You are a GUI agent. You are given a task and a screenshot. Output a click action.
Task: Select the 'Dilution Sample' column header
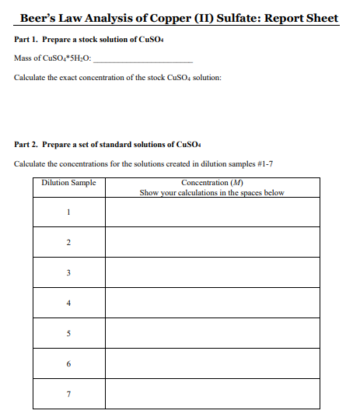tap(68, 183)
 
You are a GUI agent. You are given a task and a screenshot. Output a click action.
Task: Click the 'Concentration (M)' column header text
tap(211, 183)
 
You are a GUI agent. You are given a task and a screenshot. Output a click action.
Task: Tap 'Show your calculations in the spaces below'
tap(211, 192)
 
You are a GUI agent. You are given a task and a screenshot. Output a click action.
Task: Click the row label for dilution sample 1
tap(68, 212)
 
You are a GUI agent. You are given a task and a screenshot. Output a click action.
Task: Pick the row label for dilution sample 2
tap(68, 243)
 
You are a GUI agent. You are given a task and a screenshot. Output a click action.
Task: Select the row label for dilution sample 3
tap(68, 272)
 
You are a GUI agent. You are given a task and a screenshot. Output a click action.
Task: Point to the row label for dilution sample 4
tap(68, 303)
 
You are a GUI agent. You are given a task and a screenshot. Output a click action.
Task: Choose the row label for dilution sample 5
tap(68, 334)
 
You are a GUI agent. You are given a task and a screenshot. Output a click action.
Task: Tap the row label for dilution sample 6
tap(68, 364)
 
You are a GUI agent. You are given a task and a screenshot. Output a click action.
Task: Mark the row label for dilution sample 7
tap(68, 394)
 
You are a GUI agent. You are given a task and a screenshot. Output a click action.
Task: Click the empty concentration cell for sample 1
tap(211, 212)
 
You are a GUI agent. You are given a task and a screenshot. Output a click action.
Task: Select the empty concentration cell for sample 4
tap(211, 303)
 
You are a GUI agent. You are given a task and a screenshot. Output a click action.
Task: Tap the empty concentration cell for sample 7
tap(211, 394)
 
